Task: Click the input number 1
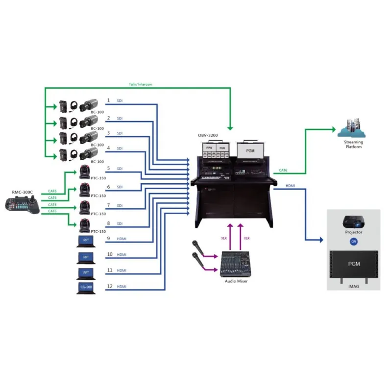pyautogui.click(x=108, y=100)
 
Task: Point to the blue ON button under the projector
pyautogui.click(x=353, y=241)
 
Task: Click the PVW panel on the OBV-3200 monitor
pyautogui.click(x=209, y=147)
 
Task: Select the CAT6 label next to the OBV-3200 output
pyautogui.click(x=283, y=171)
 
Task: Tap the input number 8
pyautogui.click(x=108, y=223)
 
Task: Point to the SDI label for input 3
pyautogui.click(x=120, y=133)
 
